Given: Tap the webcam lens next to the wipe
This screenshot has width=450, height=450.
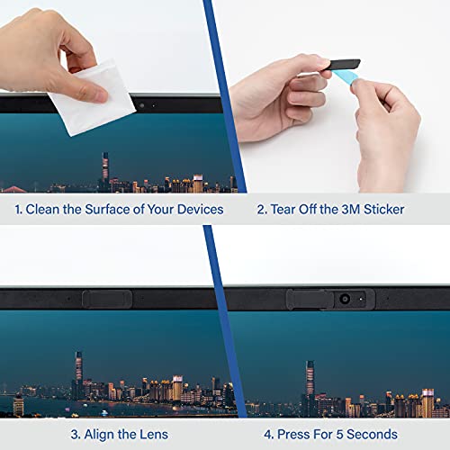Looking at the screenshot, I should pos(141,105).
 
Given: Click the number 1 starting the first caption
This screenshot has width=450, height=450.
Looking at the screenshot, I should pos(18,210).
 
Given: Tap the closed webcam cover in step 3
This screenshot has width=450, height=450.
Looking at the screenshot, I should pos(112,298).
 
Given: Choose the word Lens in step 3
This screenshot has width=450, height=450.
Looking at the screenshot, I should pos(153,433).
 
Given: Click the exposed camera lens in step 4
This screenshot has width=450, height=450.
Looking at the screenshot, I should pos(345,299).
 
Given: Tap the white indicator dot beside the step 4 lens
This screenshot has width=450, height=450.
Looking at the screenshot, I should pos(361,299).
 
